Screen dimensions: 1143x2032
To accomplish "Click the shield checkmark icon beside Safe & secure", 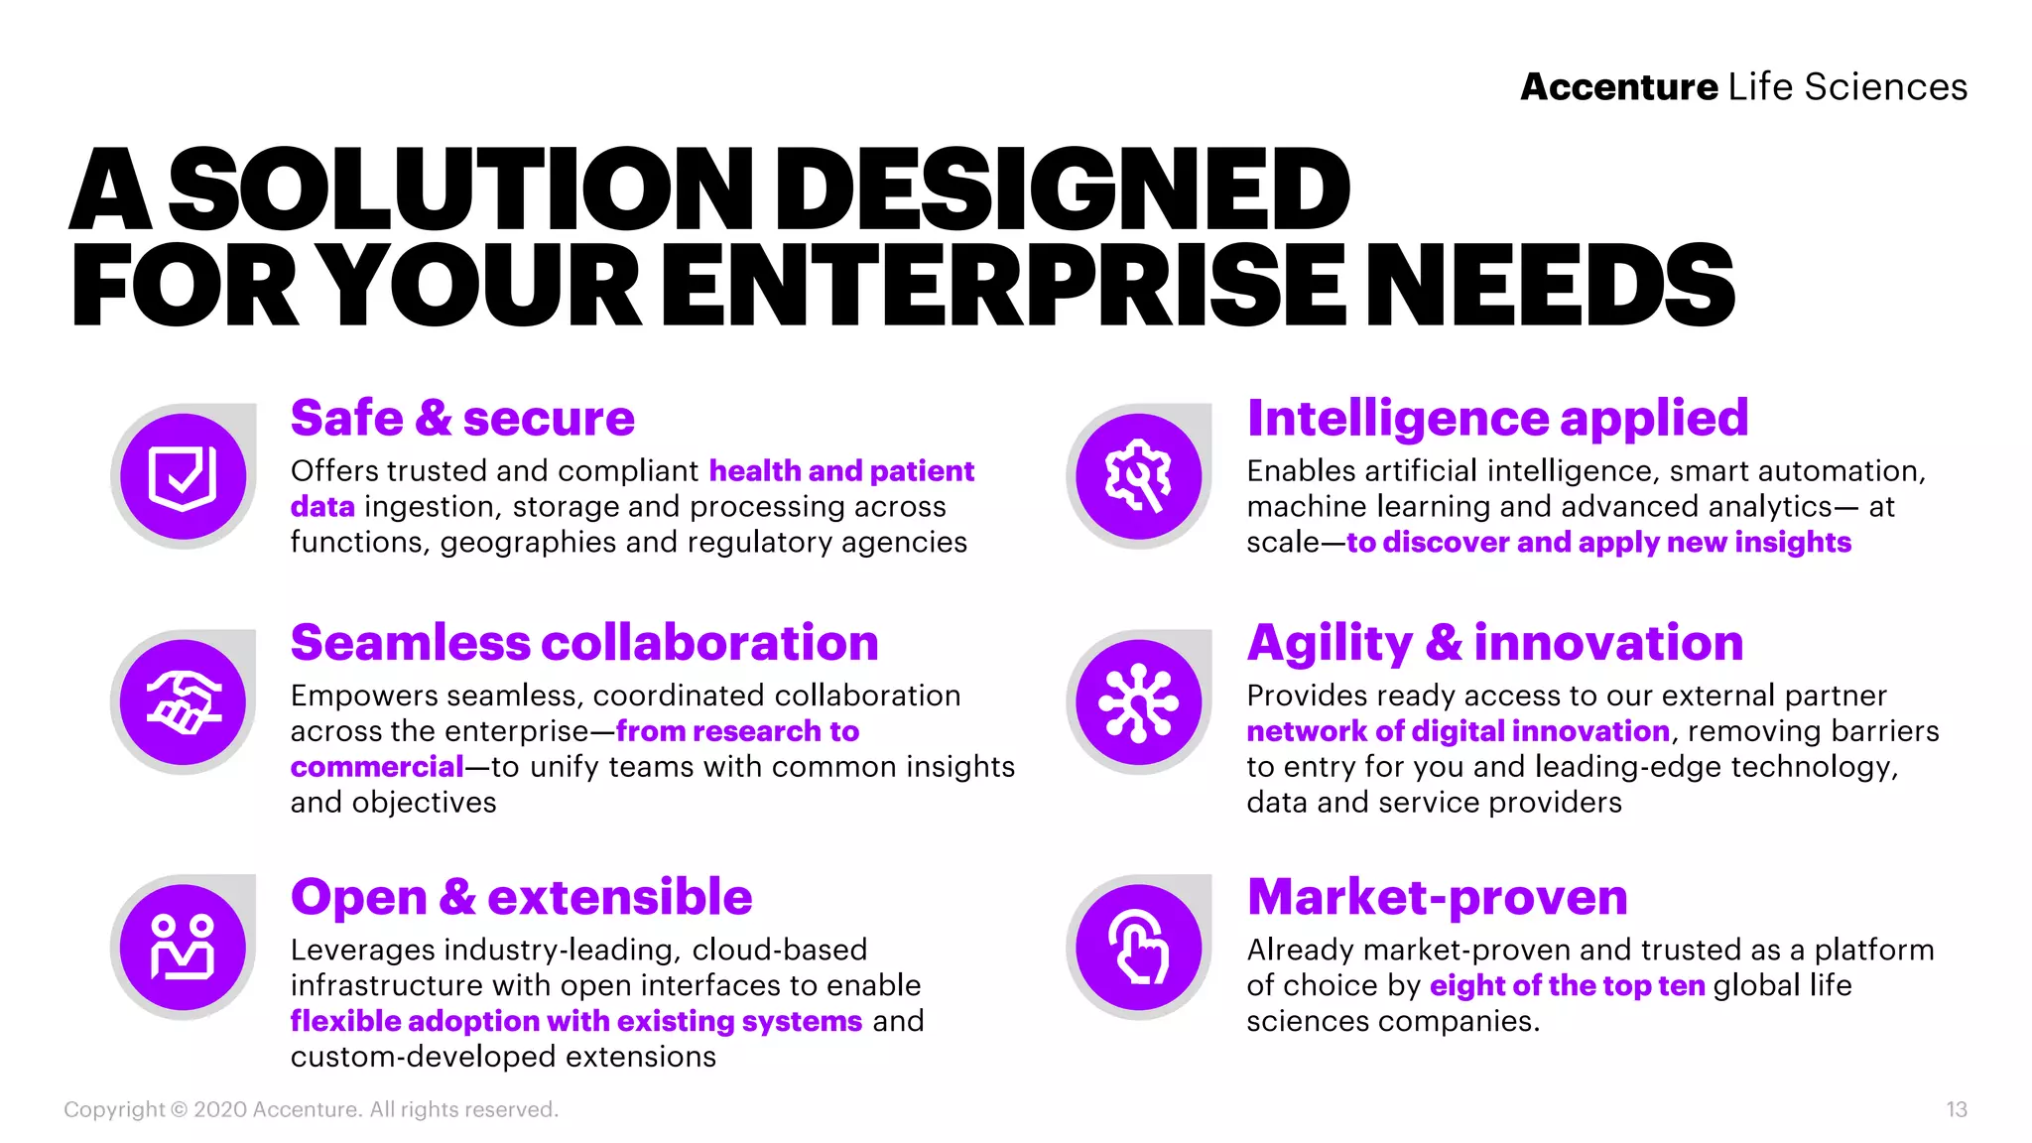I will [x=183, y=476].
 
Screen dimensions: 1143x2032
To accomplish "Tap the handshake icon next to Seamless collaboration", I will [x=183, y=702].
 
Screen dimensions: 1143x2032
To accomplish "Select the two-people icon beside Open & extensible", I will [x=183, y=947].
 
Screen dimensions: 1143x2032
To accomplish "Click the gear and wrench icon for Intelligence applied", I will [x=1139, y=476].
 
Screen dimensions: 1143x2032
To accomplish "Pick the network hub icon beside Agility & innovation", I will [x=1139, y=702].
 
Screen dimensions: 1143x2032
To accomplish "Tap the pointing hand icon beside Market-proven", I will [x=1139, y=947].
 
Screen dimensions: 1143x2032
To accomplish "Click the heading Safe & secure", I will [x=462, y=419].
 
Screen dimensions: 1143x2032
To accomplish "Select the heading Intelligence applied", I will [x=1497, y=419].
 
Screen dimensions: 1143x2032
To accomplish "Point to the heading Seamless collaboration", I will [x=584, y=643].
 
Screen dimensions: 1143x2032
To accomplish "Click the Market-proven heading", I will [x=1437, y=897].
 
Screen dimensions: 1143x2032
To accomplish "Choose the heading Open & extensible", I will [x=521, y=897].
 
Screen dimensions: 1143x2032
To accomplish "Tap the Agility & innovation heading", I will [x=1494, y=643].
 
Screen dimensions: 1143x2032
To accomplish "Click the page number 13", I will [x=1956, y=1109].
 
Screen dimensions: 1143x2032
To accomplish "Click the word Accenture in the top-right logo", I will [x=1618, y=87].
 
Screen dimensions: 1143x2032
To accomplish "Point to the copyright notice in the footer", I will [x=311, y=1109].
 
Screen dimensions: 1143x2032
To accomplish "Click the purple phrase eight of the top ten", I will [x=1567, y=985].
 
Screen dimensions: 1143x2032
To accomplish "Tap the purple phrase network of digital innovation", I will [x=1458, y=731].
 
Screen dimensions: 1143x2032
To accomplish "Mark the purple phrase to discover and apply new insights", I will [x=1598, y=543].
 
